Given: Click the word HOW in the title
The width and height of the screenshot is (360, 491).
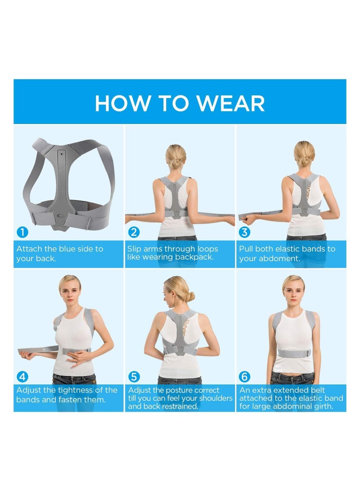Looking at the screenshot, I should tap(115, 104).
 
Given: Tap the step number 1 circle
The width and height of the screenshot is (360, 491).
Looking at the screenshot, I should tap(22, 232).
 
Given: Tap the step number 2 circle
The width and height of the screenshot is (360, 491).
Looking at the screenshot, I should tap(134, 232).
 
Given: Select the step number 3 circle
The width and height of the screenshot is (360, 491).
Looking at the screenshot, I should tap(245, 232).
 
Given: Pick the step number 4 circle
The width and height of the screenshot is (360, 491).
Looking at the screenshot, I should tap(22, 376).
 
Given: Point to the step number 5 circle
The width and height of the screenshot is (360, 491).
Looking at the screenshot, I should tap(134, 376).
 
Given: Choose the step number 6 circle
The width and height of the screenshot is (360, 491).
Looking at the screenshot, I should tap(245, 376).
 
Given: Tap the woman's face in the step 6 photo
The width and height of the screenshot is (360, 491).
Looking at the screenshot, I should tap(293, 288).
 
